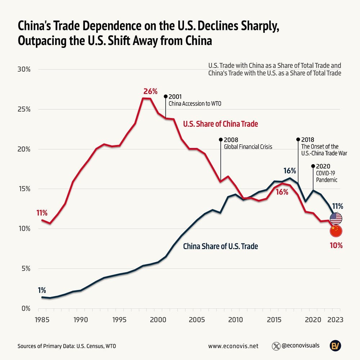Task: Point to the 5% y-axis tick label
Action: coord(24,269)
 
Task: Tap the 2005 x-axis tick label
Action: coord(197,319)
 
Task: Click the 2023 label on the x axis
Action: coord(334,319)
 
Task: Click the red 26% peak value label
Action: coord(150,91)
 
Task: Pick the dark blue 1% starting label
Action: coord(41,290)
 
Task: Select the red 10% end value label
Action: coord(336,246)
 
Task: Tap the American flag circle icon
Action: coord(336,218)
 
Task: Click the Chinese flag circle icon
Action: coord(336,231)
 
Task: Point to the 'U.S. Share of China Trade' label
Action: coord(220,124)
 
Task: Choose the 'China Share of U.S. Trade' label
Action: coord(220,247)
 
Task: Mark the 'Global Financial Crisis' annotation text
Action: coord(248,147)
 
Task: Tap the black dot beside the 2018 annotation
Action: coord(298,139)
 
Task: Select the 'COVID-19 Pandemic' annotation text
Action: coord(327,176)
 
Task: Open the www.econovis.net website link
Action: coord(233,346)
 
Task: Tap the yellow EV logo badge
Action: coord(336,346)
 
